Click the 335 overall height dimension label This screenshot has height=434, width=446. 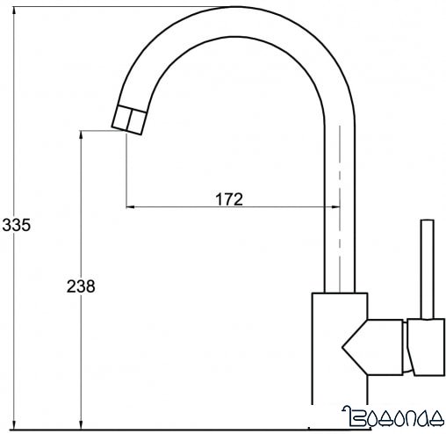(x=16, y=225)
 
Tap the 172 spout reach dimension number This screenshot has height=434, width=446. (x=228, y=199)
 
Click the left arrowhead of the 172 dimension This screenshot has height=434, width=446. (x=133, y=207)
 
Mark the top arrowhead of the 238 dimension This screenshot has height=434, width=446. (x=81, y=137)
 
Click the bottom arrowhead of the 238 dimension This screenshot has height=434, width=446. (x=81, y=423)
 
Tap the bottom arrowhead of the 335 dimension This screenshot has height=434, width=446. (x=16, y=423)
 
